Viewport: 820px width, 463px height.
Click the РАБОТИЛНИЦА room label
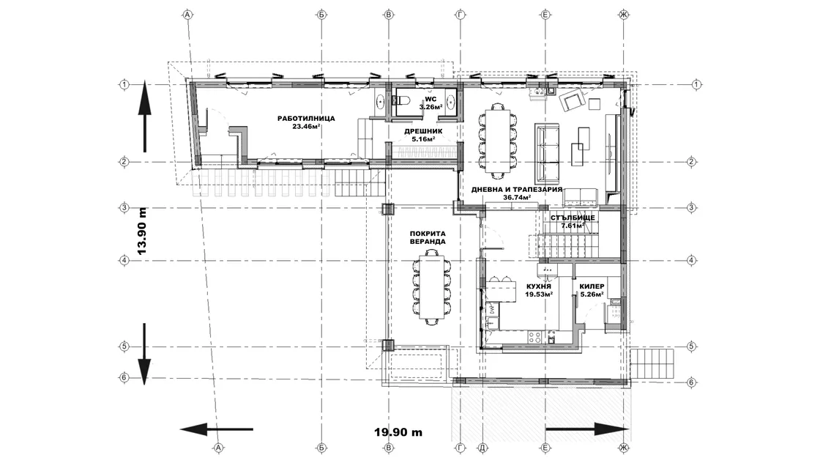point(306,118)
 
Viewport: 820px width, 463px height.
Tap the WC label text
point(430,99)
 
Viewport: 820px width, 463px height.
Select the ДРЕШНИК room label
point(424,131)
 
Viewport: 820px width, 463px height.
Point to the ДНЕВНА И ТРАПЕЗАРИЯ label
point(517,190)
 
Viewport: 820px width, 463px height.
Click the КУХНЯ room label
point(539,286)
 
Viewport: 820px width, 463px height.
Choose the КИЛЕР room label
point(592,286)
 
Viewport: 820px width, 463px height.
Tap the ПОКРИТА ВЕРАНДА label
point(428,237)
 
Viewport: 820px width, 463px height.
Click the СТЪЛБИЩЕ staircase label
point(573,218)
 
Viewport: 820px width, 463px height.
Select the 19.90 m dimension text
point(398,432)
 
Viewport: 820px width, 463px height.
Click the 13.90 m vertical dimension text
point(142,231)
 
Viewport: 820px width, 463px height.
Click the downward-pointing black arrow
point(145,354)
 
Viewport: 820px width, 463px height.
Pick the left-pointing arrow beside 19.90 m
point(217,429)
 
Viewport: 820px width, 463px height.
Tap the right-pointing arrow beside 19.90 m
point(587,429)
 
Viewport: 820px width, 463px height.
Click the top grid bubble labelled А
point(187,15)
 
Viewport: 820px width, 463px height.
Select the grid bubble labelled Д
point(482,448)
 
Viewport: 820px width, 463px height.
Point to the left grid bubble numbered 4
point(124,260)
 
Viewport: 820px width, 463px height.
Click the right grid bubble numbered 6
point(691,382)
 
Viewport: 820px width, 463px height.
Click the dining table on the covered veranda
point(431,287)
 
